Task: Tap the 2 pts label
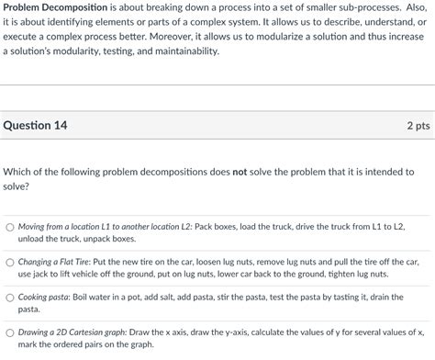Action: [x=418, y=126]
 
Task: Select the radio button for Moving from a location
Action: [x=9, y=226]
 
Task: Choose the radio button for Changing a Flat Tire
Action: [x=9, y=262]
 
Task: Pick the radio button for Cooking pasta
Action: [x=9, y=298]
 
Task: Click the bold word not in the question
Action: [x=241, y=172]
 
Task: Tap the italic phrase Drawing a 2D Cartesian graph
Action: [x=72, y=332]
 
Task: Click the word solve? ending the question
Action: [x=17, y=186]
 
